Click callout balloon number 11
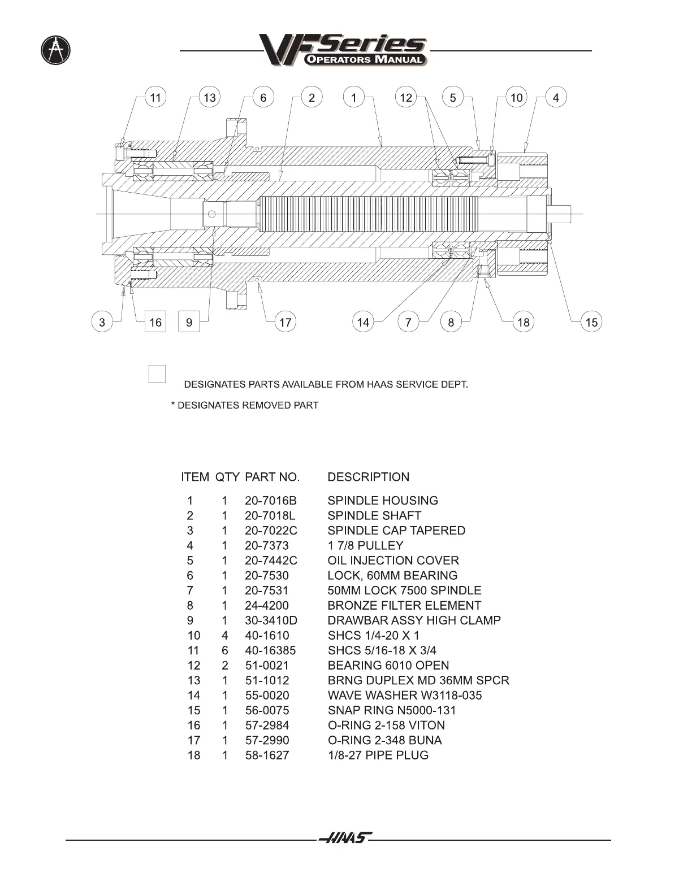pyautogui.click(x=155, y=98)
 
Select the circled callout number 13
pyautogui.click(x=209, y=98)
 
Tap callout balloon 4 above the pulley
pyautogui.click(x=556, y=98)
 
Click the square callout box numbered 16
pyautogui.click(x=155, y=322)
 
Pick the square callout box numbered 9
pyautogui.click(x=189, y=322)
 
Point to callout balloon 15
pyautogui.click(x=591, y=322)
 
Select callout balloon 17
pyautogui.click(x=286, y=322)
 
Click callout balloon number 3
pyautogui.click(x=102, y=322)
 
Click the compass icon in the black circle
pyautogui.click(x=56, y=50)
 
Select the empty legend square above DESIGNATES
pyautogui.click(x=157, y=374)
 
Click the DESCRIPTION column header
pyautogui.click(x=368, y=477)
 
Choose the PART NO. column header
pyautogui.click(x=272, y=477)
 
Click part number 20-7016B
pyautogui.click(x=271, y=501)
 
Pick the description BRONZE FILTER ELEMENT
pyautogui.click(x=404, y=605)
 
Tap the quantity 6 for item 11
pyautogui.click(x=224, y=650)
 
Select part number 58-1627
pyautogui.click(x=267, y=755)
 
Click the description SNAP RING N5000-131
pyautogui.click(x=391, y=710)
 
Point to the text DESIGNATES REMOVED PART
pyautogui.click(x=248, y=405)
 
